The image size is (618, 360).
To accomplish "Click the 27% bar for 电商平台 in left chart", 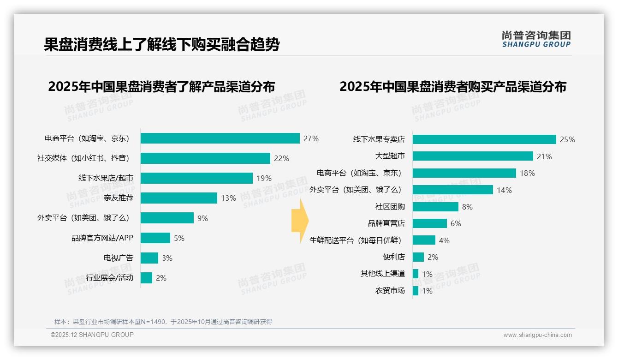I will click(220, 138).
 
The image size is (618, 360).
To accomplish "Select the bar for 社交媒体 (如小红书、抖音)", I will click(205, 158).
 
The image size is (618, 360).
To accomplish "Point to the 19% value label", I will click(264, 178).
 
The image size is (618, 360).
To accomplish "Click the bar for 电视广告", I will click(149, 258).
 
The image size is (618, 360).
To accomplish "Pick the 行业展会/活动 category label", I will click(109, 278).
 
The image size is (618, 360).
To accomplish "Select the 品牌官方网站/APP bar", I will click(155, 238).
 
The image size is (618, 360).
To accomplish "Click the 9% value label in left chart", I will click(202, 218).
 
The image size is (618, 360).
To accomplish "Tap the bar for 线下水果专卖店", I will click(484, 139).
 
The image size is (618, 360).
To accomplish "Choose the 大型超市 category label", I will click(390, 156).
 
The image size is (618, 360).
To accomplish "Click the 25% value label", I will click(567, 139).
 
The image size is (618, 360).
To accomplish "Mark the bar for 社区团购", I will click(435, 207).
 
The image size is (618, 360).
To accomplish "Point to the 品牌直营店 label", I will click(386, 223).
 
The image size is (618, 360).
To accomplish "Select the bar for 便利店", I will click(418, 257).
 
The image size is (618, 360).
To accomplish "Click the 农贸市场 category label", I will click(390, 291).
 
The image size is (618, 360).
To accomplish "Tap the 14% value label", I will click(504, 190).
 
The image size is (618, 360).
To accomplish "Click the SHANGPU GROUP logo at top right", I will click(536, 39).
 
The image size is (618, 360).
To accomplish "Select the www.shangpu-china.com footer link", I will click(537, 335).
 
